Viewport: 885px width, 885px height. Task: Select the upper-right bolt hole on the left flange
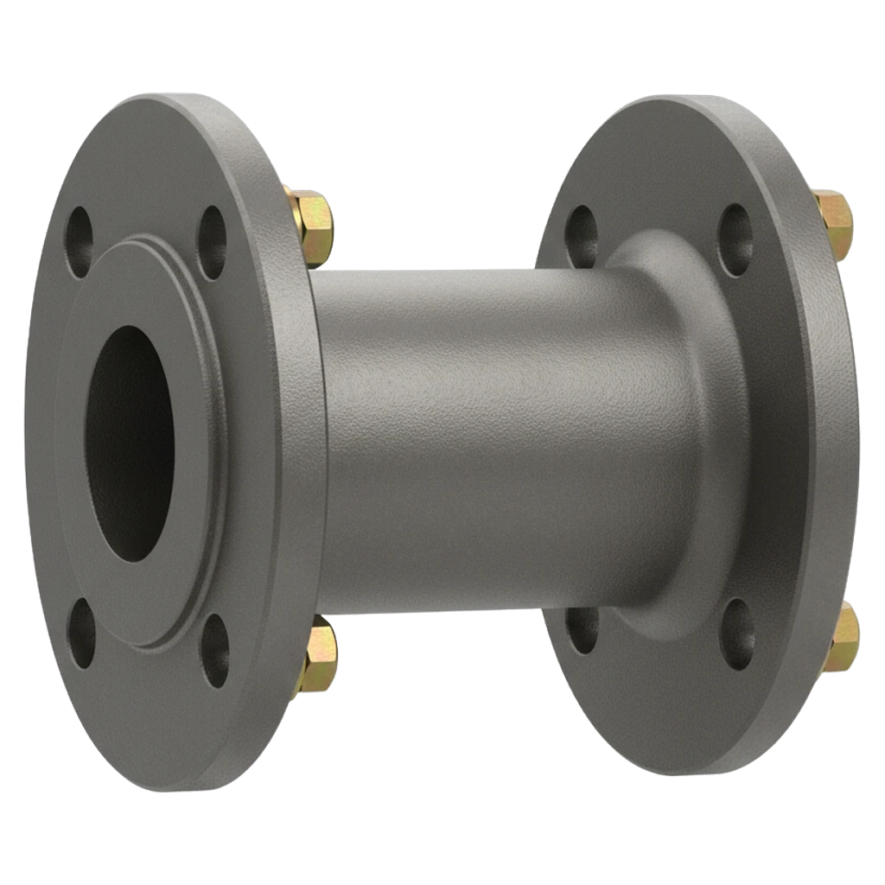click(x=212, y=231)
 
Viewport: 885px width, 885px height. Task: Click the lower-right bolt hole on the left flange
click(x=215, y=649)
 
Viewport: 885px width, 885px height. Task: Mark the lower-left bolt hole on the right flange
click(x=583, y=629)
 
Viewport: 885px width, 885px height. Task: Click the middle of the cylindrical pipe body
click(x=484, y=441)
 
